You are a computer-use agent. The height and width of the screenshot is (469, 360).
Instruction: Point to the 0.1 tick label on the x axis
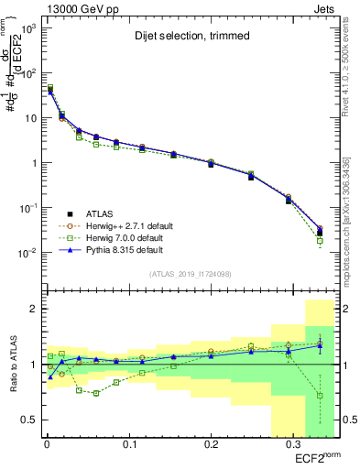coord(128,444)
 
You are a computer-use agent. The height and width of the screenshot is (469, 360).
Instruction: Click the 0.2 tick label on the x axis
coord(211,444)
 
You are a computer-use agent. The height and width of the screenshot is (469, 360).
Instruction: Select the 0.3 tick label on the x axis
coord(292,444)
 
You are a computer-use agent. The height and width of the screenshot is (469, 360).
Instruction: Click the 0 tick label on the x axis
coord(46,444)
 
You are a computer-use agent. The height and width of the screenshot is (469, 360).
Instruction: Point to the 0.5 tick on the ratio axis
coord(30,420)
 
